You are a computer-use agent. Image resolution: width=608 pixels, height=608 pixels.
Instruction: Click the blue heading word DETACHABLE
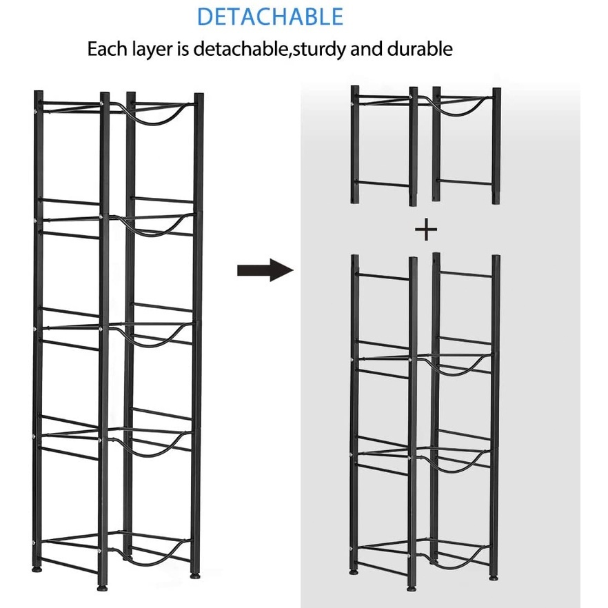tap(270, 16)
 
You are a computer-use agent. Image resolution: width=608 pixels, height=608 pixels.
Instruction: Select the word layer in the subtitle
tap(163, 50)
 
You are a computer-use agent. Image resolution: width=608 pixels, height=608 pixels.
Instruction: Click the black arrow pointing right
tap(265, 270)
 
